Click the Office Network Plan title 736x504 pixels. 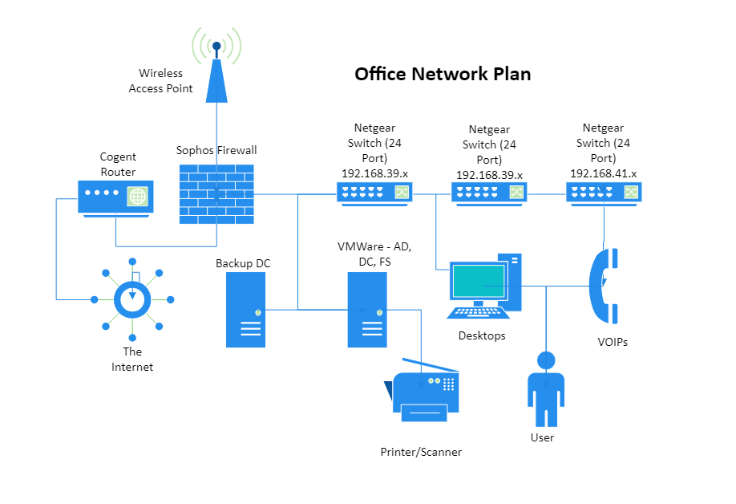443,74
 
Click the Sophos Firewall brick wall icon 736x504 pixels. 216,194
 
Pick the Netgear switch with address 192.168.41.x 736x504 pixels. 604,193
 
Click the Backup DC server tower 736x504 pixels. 245,310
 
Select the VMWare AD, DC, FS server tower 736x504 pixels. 367,310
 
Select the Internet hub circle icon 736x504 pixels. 132,299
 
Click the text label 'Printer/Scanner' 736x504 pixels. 421,452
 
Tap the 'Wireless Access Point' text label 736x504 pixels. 161,81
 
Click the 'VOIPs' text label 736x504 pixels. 613,342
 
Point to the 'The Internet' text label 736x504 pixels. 132,359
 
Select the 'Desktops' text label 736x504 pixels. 482,335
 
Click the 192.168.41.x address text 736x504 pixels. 603,173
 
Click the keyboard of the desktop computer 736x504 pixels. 478,313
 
